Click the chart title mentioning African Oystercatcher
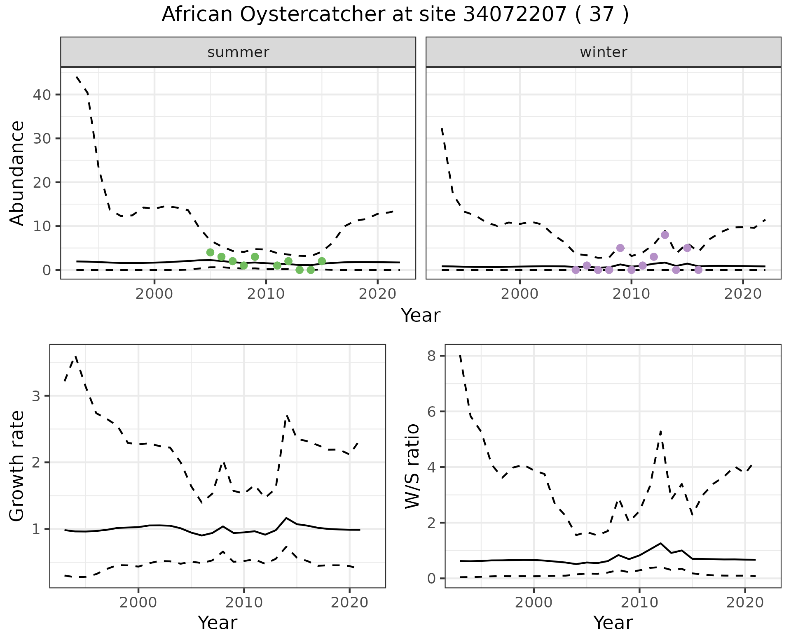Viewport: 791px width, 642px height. (395, 15)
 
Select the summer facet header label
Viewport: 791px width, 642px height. (238, 52)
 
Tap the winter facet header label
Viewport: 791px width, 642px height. (603, 52)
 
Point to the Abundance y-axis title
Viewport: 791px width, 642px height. (17, 173)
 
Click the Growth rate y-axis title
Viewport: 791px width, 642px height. (17, 466)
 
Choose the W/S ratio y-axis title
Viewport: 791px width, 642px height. (412, 466)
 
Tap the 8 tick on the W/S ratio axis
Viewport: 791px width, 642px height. (431, 356)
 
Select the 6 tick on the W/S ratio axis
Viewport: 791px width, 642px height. (431, 412)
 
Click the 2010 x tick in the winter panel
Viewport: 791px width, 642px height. (631, 294)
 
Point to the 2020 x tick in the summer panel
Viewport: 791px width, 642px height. (377, 294)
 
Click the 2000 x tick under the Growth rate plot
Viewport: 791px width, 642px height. (138, 603)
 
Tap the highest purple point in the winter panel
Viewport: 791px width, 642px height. (665, 235)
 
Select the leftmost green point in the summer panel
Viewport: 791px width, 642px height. (210, 252)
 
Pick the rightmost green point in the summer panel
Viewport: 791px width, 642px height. (322, 261)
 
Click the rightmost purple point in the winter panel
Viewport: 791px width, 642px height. (698, 270)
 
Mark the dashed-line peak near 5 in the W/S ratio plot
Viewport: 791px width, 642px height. (660, 431)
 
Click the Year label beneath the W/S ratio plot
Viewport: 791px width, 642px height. (613, 623)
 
